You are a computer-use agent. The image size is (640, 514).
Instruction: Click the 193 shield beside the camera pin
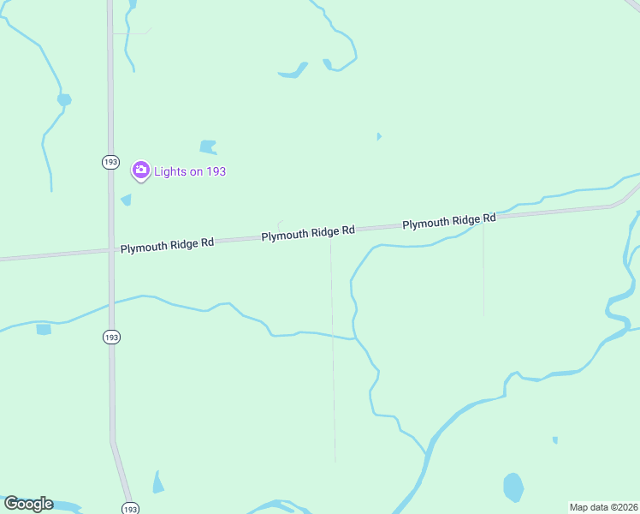click(110, 162)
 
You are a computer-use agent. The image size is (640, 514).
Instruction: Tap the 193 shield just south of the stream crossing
click(111, 337)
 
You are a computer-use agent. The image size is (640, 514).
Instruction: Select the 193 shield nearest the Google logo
click(129, 508)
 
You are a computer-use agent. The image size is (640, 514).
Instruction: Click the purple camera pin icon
click(140, 170)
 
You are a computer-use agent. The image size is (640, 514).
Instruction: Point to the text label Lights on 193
click(190, 171)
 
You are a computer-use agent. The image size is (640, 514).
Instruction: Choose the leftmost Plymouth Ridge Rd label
click(167, 245)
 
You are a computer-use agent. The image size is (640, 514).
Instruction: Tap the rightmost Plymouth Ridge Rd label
click(449, 221)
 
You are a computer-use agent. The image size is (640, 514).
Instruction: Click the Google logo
click(28, 504)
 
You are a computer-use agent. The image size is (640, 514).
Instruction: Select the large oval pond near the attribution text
click(513, 487)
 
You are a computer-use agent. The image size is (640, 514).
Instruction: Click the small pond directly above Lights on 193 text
click(208, 146)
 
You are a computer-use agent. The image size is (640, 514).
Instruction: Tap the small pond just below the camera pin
click(127, 200)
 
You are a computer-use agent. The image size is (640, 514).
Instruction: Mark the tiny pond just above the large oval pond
click(555, 440)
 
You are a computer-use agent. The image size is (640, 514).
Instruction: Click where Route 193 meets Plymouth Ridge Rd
click(111, 249)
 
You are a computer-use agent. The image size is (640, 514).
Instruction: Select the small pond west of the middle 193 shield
click(44, 329)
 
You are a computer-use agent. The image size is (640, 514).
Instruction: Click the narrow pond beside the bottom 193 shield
click(157, 483)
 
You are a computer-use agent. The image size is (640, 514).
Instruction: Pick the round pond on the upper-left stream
click(64, 100)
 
